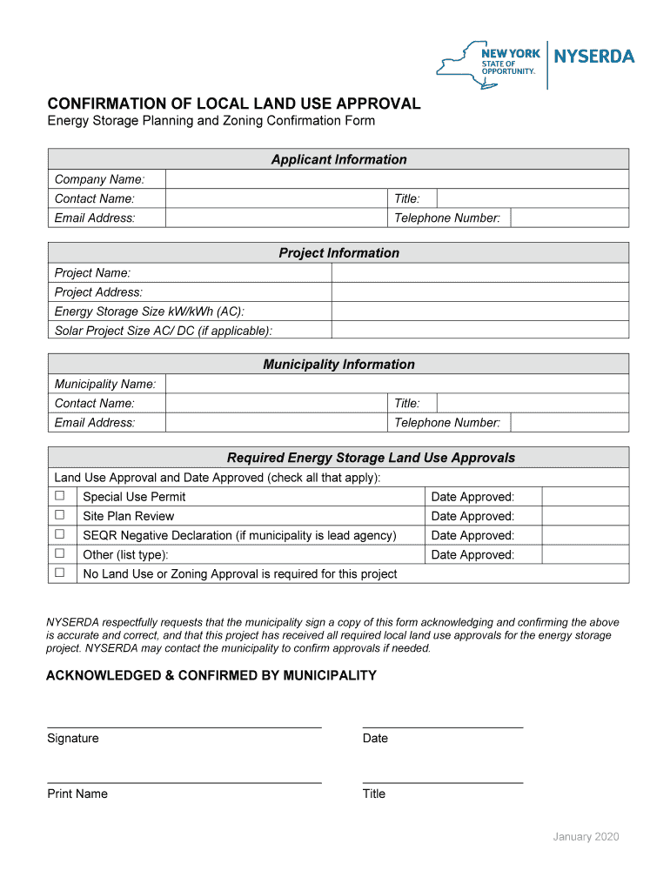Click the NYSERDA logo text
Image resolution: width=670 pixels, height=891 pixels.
click(x=594, y=57)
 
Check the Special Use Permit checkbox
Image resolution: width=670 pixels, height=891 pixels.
click(x=60, y=496)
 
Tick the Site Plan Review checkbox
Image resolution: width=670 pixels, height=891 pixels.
click(x=60, y=515)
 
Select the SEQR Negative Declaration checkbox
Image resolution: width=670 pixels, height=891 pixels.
click(x=60, y=534)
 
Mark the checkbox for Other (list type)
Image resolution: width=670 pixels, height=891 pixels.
click(x=60, y=553)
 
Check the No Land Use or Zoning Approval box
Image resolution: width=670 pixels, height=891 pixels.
click(x=60, y=573)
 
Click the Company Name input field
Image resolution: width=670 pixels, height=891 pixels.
click(x=396, y=179)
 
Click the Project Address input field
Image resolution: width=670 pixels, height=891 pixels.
click(x=479, y=292)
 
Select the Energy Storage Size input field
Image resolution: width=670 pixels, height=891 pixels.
click(x=479, y=312)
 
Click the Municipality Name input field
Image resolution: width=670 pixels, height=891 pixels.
click(x=396, y=384)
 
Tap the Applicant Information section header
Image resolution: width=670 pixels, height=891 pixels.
click(x=338, y=159)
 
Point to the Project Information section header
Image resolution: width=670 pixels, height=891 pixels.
click(x=338, y=253)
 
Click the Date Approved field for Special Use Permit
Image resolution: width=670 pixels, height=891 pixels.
click(x=585, y=497)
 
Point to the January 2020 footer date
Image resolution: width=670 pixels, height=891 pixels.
click(x=586, y=837)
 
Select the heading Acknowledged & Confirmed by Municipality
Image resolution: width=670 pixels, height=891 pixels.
click(x=211, y=676)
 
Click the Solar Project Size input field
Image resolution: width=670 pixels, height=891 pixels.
click(x=479, y=331)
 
